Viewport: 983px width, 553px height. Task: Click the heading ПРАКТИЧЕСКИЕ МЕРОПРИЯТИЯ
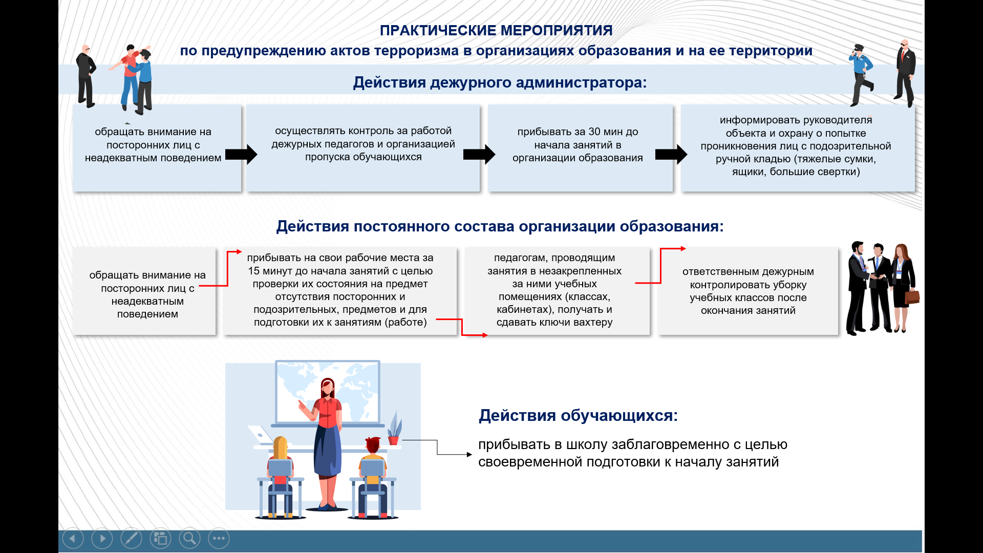click(x=496, y=31)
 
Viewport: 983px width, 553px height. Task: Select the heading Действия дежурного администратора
click(x=500, y=82)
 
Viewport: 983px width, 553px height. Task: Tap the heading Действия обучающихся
click(x=578, y=415)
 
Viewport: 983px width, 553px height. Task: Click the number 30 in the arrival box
click(x=594, y=132)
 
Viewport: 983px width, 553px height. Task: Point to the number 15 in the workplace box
click(x=253, y=271)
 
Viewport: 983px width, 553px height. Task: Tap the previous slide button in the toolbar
click(x=73, y=539)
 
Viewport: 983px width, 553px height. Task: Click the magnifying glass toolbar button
click(x=189, y=539)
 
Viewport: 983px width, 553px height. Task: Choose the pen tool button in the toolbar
click(x=131, y=539)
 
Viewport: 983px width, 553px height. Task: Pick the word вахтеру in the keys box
click(x=593, y=323)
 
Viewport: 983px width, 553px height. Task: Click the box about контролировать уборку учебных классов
click(x=748, y=291)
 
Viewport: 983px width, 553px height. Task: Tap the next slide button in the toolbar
click(x=102, y=539)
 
